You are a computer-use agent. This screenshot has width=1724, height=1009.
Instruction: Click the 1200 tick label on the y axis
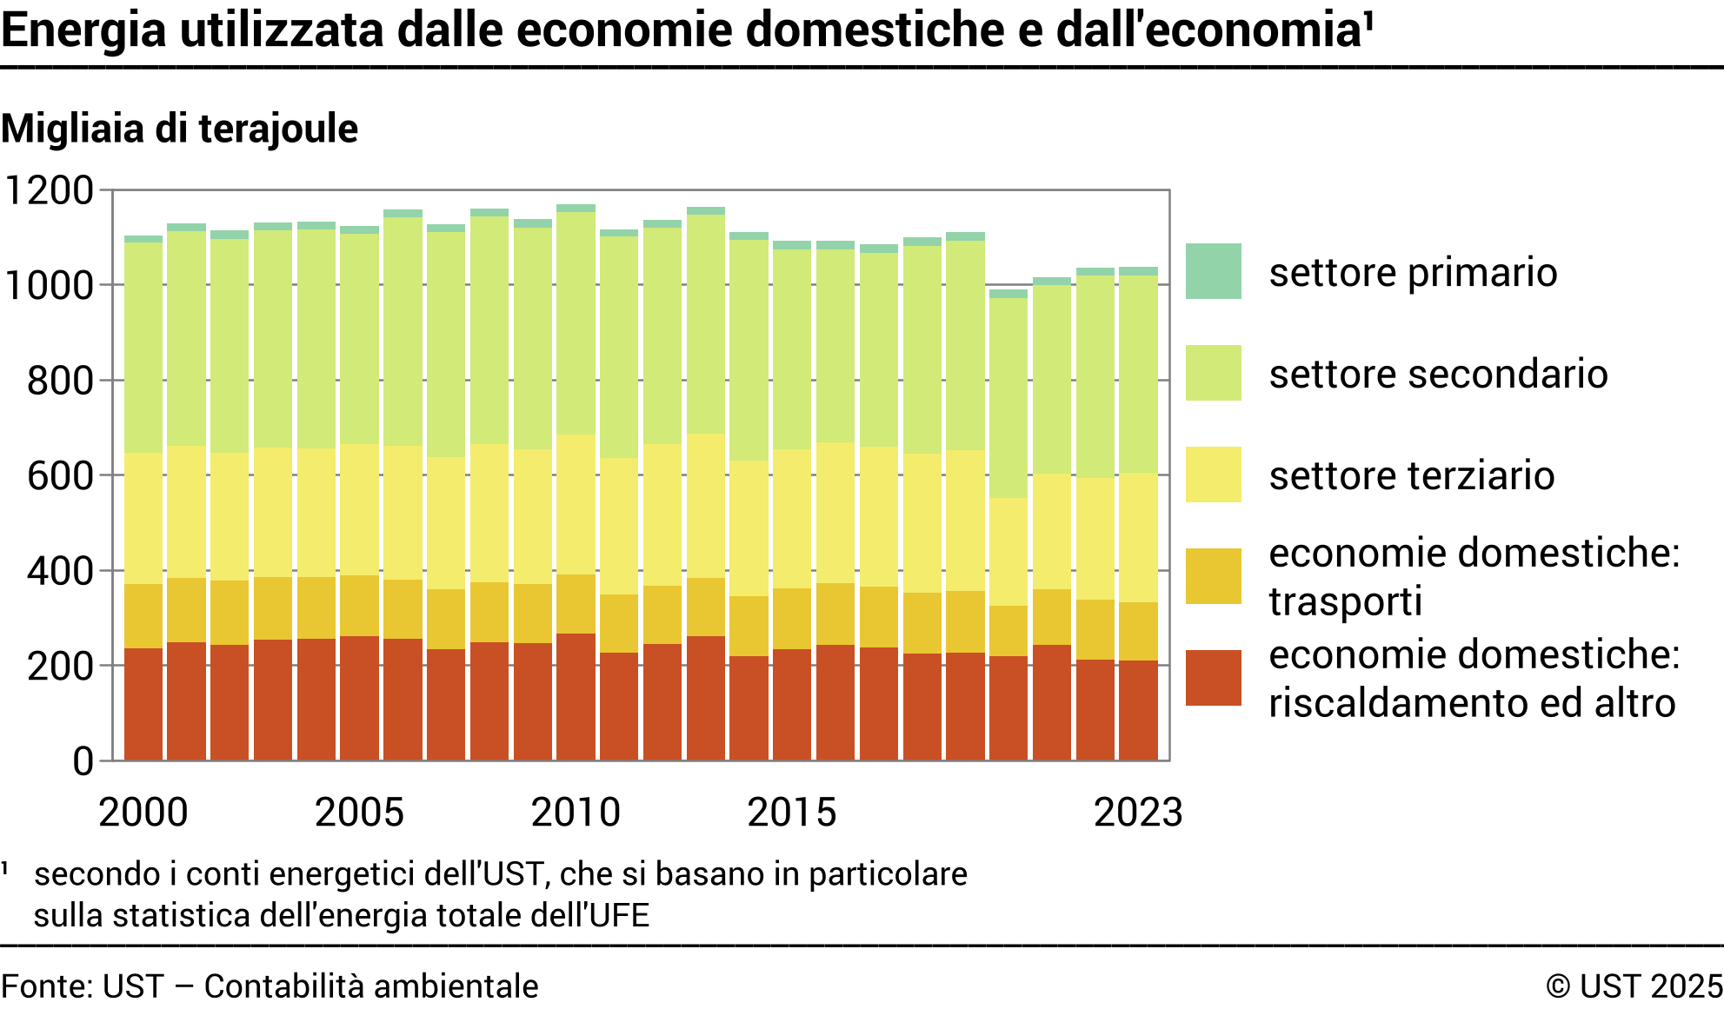pyautogui.click(x=50, y=190)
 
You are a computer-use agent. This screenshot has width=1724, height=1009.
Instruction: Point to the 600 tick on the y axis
pyautogui.click(x=60, y=476)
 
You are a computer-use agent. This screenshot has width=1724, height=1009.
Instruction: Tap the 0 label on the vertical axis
pyautogui.click(x=83, y=761)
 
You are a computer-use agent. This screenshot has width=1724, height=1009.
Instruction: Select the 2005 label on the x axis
pyautogui.click(x=359, y=813)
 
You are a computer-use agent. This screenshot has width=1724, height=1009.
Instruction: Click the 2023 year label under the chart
pyautogui.click(x=1137, y=813)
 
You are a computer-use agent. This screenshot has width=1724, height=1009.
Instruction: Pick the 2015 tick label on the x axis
pyautogui.click(x=791, y=813)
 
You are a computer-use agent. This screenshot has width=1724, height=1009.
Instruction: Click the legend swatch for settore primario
pyautogui.click(x=1213, y=271)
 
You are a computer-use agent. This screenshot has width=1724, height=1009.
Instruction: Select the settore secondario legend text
pyautogui.click(x=1438, y=374)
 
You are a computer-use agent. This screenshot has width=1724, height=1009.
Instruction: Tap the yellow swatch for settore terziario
pyautogui.click(x=1213, y=475)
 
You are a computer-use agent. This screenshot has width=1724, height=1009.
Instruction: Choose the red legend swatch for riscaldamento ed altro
pyautogui.click(x=1213, y=678)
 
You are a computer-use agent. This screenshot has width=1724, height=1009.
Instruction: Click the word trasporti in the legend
pyautogui.click(x=1345, y=601)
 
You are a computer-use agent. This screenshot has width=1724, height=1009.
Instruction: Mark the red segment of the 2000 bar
pyautogui.click(x=143, y=704)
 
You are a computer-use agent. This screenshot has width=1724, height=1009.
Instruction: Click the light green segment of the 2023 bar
pyautogui.click(x=1138, y=374)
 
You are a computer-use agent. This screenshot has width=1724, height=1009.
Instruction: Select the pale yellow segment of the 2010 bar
pyautogui.click(x=576, y=504)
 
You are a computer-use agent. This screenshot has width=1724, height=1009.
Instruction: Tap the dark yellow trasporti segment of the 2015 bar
pyautogui.click(x=792, y=619)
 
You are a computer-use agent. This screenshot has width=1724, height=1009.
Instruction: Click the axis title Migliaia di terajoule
pyautogui.click(x=180, y=129)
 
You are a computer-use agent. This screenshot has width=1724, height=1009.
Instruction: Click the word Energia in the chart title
pyautogui.click(x=83, y=30)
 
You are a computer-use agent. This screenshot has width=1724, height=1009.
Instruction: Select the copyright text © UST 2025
pyautogui.click(x=1634, y=986)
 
